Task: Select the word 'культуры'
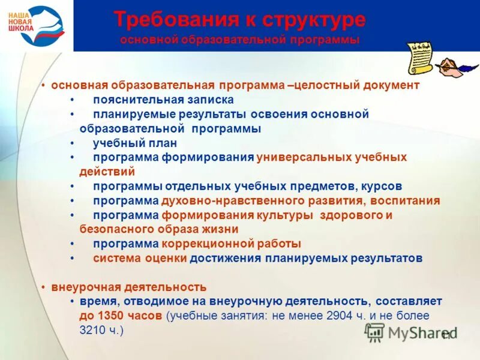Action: click(x=285, y=215)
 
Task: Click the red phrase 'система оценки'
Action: click(x=140, y=258)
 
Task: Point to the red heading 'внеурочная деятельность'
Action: click(x=128, y=287)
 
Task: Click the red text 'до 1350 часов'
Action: click(x=121, y=316)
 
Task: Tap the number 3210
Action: click(x=92, y=330)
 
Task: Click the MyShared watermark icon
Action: click(x=374, y=332)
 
